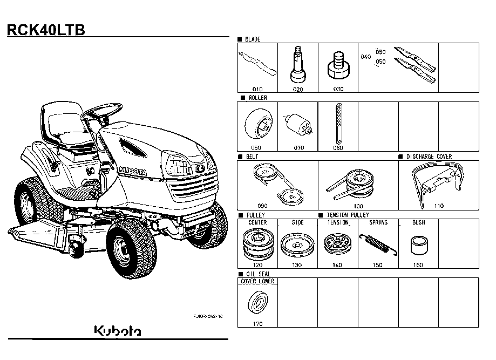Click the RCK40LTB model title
[46, 30]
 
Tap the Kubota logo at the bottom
[118, 330]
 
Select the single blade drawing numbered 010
[257, 64]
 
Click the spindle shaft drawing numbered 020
[298, 65]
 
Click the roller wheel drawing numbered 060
[258, 124]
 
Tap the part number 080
[338, 148]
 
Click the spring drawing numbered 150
[378, 244]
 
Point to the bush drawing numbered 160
[419, 245]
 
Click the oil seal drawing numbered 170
[258, 303]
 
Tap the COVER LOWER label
[257, 281]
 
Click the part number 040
[366, 57]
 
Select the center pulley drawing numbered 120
[257, 244]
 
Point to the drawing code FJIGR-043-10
[208, 316]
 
